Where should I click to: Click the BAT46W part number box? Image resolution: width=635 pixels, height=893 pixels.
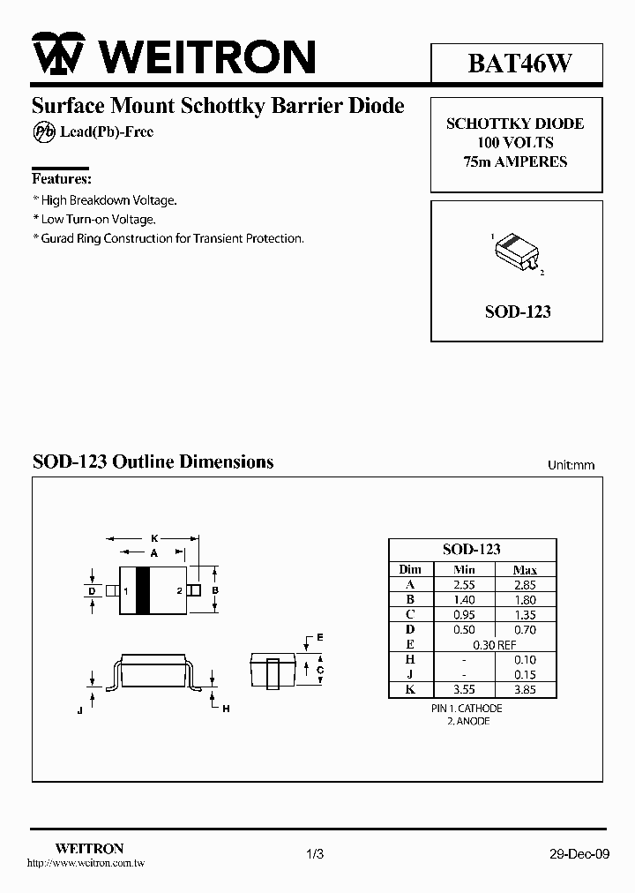pos(518,64)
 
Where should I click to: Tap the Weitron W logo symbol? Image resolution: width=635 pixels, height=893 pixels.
pos(60,56)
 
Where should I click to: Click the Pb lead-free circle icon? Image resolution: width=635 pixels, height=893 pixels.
pos(44,131)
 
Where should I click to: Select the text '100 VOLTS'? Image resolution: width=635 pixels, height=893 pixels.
pos(516,143)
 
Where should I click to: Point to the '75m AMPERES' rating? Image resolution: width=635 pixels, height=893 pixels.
pos(516,161)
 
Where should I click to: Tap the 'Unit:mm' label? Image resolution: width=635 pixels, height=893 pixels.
pos(571,465)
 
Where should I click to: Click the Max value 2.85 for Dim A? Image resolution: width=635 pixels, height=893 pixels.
pos(525,584)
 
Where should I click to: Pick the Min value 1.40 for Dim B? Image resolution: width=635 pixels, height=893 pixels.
pos(464,600)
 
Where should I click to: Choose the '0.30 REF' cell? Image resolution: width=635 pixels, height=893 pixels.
pos(494,645)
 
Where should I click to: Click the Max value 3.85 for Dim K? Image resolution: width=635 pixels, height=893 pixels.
pos(525,690)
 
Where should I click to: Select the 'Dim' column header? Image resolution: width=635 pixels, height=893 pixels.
pos(410,569)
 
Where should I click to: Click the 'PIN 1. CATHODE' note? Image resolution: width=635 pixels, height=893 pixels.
pos(467,709)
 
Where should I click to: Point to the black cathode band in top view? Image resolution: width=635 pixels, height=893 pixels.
pos(142,589)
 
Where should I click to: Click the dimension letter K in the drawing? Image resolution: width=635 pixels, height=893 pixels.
pos(153,537)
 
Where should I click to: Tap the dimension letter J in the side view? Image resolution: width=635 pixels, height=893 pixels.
pos(79,709)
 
